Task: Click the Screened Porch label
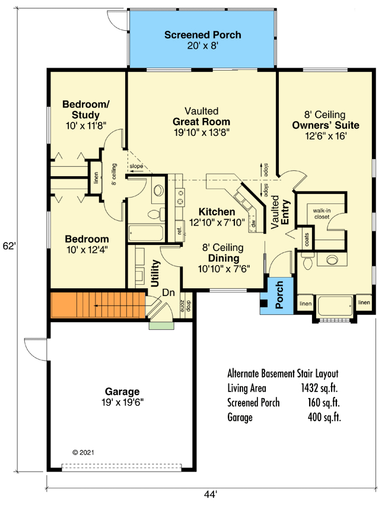click(x=202, y=35)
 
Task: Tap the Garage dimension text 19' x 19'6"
click(x=122, y=402)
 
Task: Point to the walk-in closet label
click(x=322, y=213)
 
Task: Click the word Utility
click(x=155, y=273)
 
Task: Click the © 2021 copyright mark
click(x=83, y=452)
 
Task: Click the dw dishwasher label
click(x=253, y=224)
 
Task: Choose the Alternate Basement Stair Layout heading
click(x=282, y=374)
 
